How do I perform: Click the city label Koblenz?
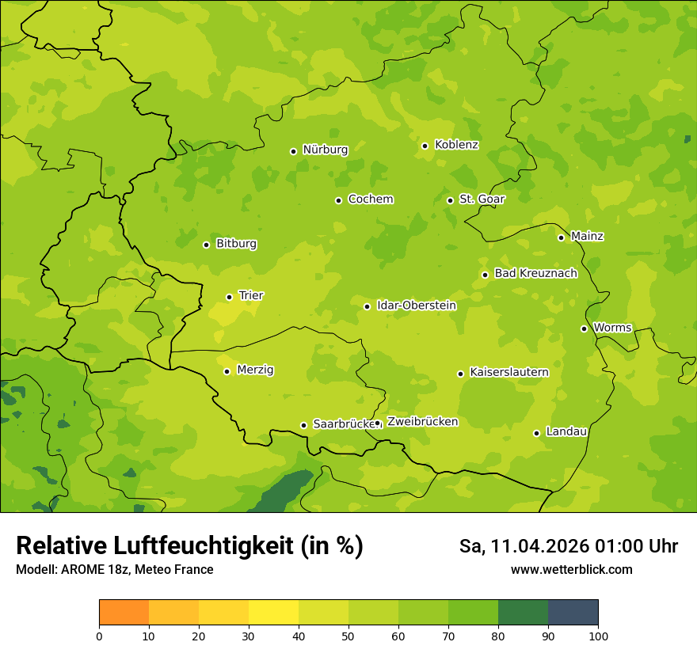[x=456, y=145]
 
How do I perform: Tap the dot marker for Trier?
[x=229, y=297]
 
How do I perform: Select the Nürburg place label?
[x=325, y=150]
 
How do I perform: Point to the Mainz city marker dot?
[x=561, y=237]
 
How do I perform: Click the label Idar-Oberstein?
[x=416, y=306]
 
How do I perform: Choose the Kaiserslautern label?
[x=509, y=373]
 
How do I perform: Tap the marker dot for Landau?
[x=536, y=433]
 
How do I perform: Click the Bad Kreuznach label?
[x=535, y=273]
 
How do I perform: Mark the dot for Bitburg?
[x=206, y=245]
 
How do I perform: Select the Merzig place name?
[x=255, y=370]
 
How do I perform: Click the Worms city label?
[x=612, y=328]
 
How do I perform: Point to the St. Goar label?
[x=482, y=199]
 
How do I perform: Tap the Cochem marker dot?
[x=338, y=200]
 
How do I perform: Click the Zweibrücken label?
[x=422, y=422]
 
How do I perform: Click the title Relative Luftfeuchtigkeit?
[x=189, y=546]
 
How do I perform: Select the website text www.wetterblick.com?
[x=571, y=570]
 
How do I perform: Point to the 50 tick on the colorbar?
[x=348, y=636]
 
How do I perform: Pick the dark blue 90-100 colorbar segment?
[x=573, y=613]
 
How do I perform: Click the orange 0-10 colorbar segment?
[x=124, y=613]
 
